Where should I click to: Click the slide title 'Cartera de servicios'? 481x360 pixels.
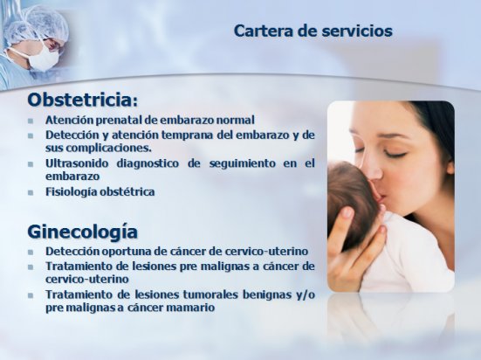tap(313, 31)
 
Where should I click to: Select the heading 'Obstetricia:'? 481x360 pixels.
tap(83, 100)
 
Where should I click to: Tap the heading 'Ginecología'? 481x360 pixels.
tap(83, 232)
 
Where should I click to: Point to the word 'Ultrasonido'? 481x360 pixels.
tap(77, 163)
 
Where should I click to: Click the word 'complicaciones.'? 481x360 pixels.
tap(109, 149)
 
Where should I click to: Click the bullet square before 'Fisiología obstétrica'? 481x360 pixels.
tap(31, 192)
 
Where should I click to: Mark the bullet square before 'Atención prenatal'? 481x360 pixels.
tap(31, 121)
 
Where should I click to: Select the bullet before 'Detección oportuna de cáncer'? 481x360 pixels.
tap(31, 252)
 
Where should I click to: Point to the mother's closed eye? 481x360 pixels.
tap(395, 154)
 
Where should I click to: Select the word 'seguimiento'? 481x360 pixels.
tap(243, 163)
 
